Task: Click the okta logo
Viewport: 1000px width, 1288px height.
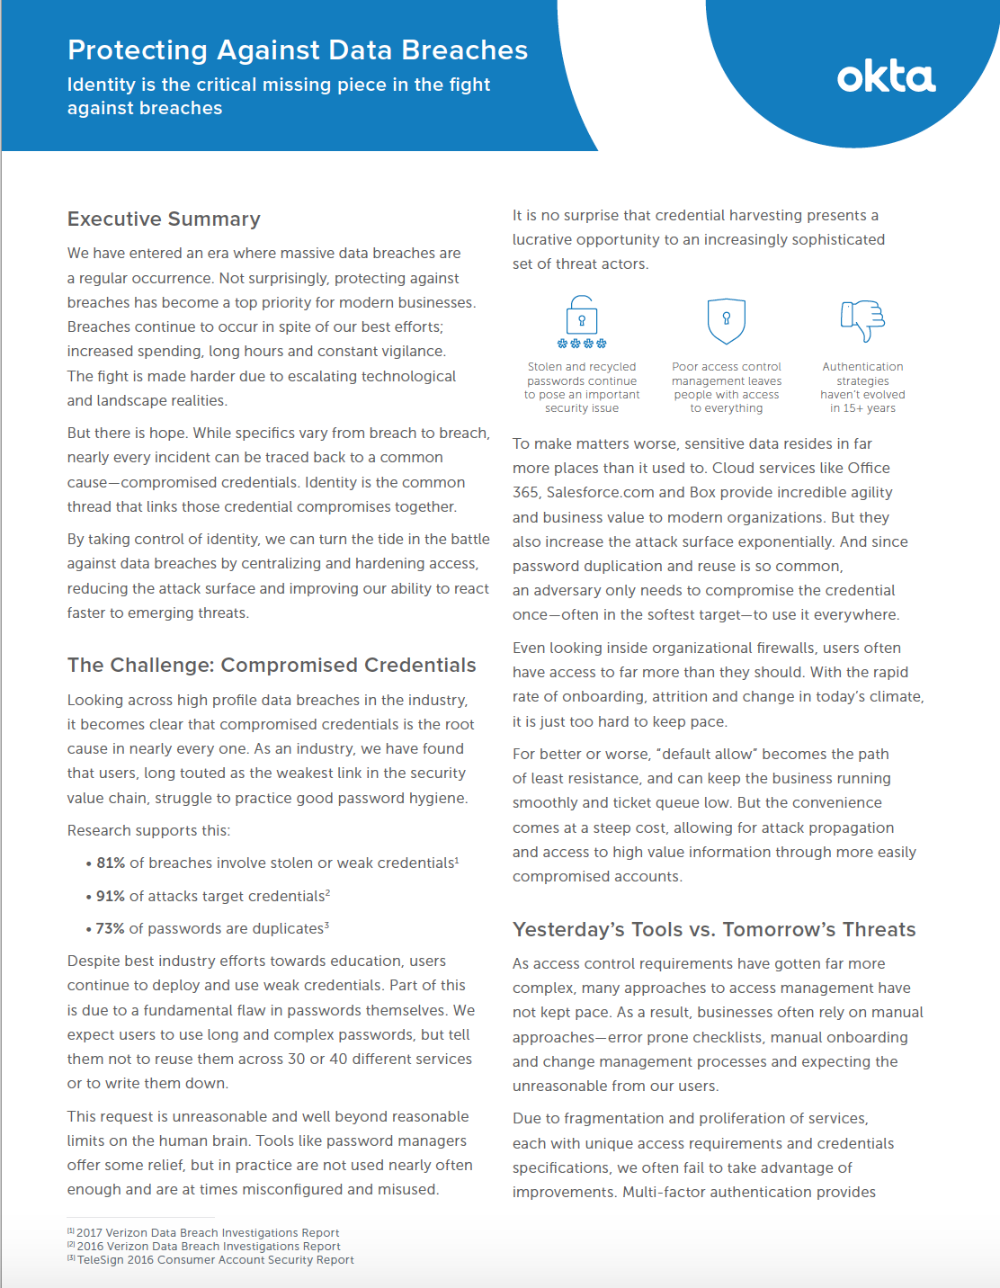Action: coord(886,77)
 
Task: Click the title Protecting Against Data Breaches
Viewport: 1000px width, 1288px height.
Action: coord(298,50)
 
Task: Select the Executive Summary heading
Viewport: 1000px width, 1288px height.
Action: coord(164,219)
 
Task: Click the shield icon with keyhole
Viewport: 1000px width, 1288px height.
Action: coord(727,321)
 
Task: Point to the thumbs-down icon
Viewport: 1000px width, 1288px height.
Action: coord(862,320)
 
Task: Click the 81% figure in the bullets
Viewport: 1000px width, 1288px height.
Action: coord(111,863)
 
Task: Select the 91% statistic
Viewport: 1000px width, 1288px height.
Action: coord(111,897)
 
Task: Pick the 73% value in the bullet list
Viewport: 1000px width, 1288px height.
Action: coord(110,929)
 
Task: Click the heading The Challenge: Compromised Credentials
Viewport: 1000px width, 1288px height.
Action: coord(272,666)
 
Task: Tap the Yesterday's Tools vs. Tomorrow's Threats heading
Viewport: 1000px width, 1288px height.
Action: coord(714,930)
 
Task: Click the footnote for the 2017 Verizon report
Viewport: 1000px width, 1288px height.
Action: coord(207,1233)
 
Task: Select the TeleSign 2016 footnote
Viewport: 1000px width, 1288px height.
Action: coord(215,1260)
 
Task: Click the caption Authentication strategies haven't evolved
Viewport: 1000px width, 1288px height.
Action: coord(862,388)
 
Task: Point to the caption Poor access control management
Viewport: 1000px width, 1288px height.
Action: coord(727,388)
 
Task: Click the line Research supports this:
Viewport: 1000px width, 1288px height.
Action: coord(148,831)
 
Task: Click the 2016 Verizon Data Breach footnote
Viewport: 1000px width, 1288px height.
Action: coord(208,1247)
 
